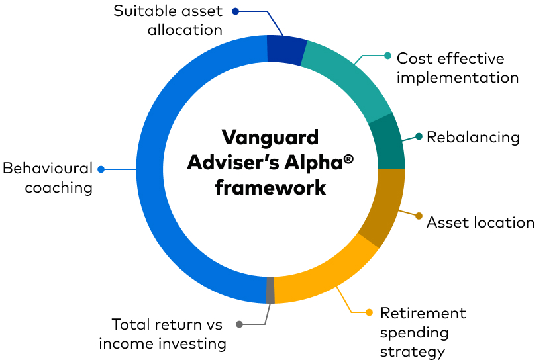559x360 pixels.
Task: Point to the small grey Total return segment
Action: point(270,290)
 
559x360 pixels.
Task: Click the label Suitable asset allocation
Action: point(168,21)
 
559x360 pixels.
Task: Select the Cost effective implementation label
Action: point(457,68)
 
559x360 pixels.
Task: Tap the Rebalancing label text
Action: point(473,137)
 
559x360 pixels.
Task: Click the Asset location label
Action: point(480,222)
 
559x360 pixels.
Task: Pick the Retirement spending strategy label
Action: point(423,332)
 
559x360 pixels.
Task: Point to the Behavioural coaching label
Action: point(48,178)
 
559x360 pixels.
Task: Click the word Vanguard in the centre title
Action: point(270,138)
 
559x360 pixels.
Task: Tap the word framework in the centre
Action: point(270,187)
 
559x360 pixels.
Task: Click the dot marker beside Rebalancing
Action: point(419,137)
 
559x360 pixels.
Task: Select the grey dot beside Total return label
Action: point(239,324)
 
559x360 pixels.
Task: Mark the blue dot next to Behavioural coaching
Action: point(101,169)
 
